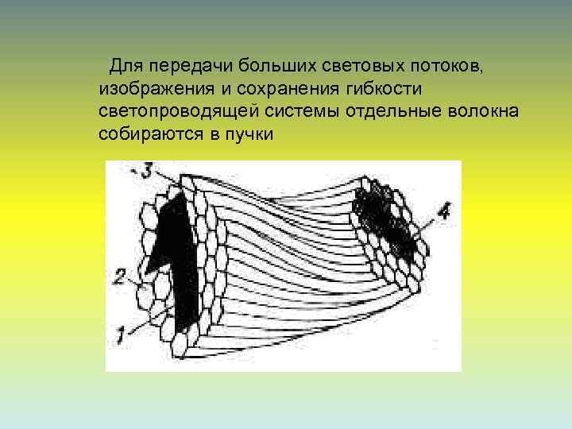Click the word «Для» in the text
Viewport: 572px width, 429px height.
pos(125,63)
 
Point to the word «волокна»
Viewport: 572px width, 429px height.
pos(484,110)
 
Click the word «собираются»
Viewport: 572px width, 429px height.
pos(149,134)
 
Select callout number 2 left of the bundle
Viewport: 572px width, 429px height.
pos(119,277)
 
